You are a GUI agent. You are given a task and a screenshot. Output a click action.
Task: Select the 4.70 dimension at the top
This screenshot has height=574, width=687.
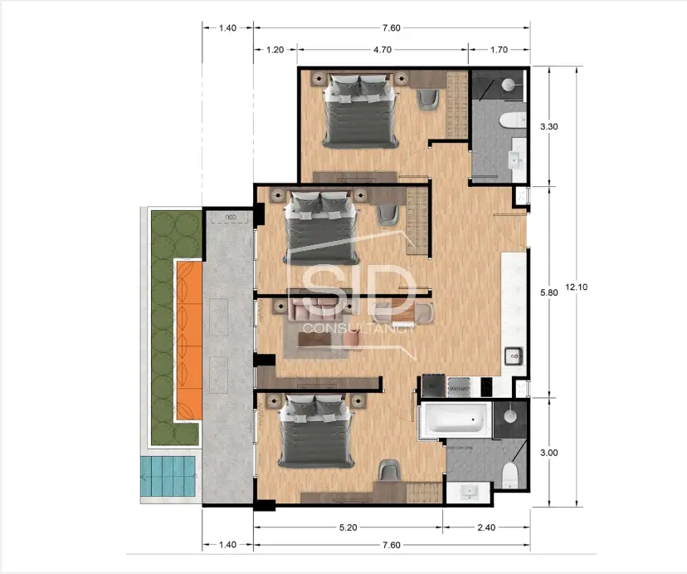tap(382, 50)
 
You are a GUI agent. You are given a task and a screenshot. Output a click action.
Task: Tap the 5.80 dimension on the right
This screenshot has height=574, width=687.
tap(548, 293)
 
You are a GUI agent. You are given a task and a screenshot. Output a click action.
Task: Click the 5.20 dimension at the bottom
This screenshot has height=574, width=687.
tap(348, 527)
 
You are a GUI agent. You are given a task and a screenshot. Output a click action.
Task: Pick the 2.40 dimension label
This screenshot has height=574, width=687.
tap(486, 527)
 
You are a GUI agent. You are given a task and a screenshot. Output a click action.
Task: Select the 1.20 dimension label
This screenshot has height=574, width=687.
tap(275, 50)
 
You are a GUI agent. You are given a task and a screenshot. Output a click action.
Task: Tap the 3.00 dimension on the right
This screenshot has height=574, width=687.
tap(548, 453)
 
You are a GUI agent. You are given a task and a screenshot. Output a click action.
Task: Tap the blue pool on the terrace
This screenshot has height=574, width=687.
tap(170, 478)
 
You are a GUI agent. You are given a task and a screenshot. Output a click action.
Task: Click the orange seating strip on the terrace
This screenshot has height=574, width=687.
tap(188, 339)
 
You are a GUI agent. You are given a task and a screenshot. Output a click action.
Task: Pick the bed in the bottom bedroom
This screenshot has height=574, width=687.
tap(314, 429)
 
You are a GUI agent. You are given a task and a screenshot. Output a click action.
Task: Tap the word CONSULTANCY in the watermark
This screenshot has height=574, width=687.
tap(358, 328)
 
